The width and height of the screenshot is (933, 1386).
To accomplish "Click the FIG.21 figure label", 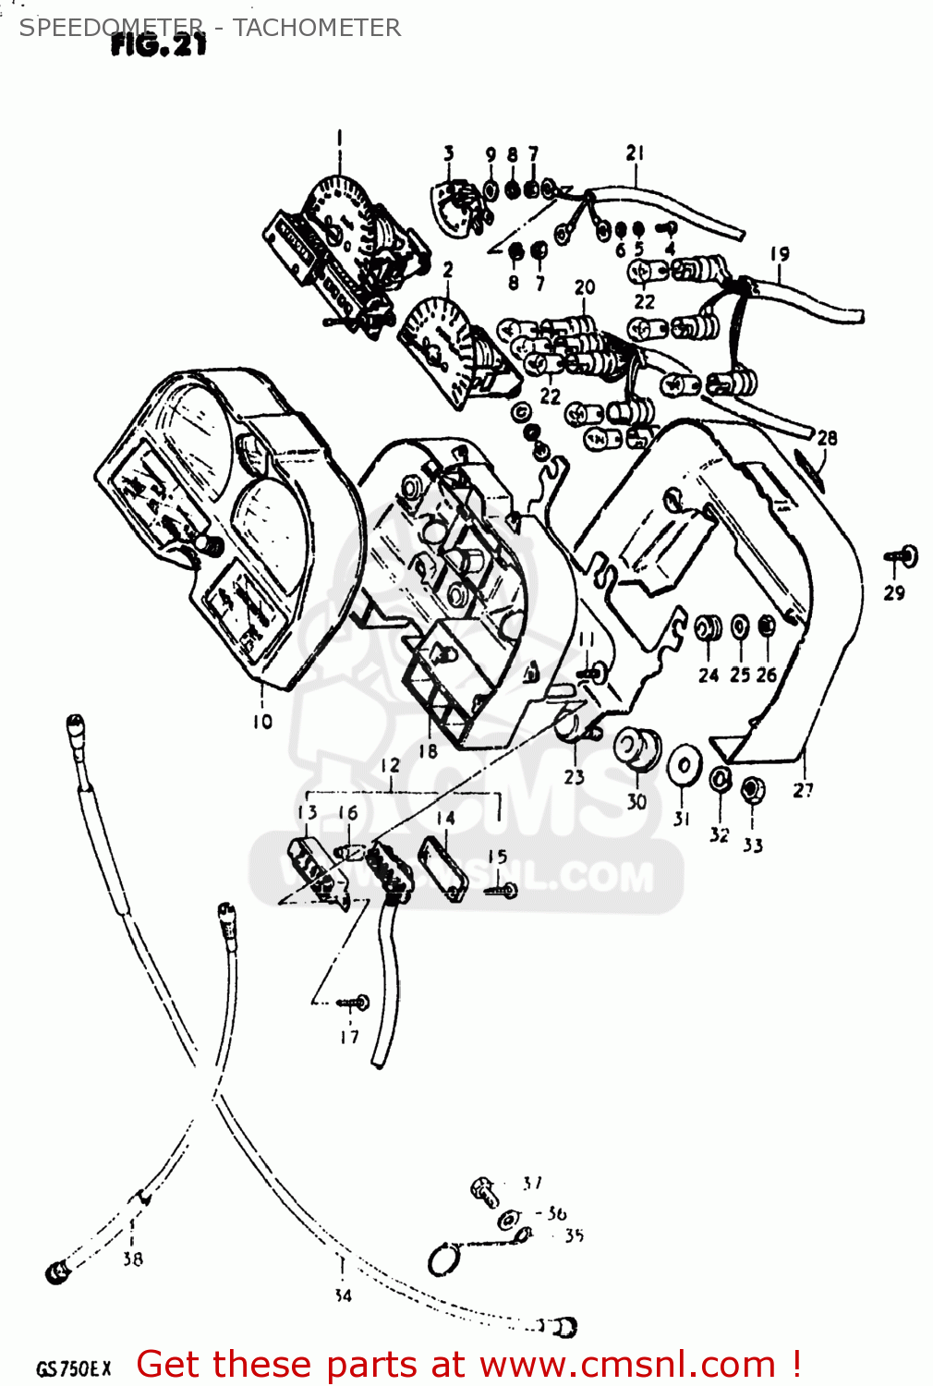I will click(158, 44).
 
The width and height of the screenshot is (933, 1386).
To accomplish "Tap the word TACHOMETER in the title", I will click(317, 28).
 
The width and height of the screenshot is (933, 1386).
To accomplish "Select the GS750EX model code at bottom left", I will click(73, 1368).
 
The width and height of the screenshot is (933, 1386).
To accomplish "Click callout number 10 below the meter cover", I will click(262, 722).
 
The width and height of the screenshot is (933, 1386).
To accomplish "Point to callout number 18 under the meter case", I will click(427, 751).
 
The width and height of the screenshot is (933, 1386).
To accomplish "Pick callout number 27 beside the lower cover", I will click(803, 790).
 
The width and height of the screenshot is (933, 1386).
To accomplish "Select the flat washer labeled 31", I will click(684, 766).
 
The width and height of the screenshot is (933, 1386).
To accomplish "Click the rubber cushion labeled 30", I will click(637, 748).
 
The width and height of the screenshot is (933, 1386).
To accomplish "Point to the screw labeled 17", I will click(355, 1002).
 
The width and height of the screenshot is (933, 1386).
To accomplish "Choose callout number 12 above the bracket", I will click(390, 765).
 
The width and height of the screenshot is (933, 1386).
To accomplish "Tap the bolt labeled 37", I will click(484, 1191).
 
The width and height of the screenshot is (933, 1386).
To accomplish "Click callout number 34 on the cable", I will click(343, 1295).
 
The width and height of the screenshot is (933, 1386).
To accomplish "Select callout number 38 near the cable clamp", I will click(133, 1258).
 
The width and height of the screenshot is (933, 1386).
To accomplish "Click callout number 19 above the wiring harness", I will click(780, 253).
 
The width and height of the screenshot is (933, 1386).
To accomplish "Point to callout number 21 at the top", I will click(635, 153).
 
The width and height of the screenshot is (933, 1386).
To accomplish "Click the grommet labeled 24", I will click(708, 629).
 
